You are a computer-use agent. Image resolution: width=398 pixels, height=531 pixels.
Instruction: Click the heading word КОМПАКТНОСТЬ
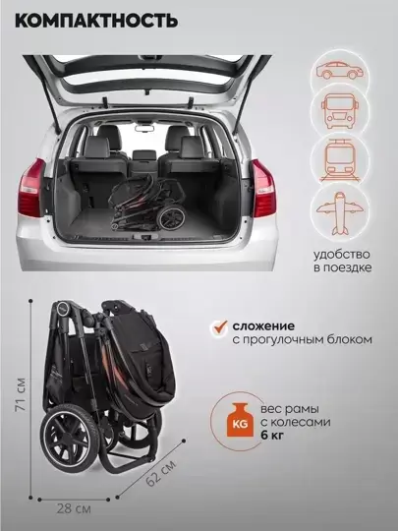(96, 21)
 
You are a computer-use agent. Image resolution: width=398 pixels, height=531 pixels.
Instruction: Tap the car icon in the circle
(339, 70)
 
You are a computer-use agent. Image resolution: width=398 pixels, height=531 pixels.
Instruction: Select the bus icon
(340, 110)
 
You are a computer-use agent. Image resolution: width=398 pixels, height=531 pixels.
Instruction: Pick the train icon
(340, 160)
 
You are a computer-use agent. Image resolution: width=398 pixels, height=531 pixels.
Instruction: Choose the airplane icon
(340, 213)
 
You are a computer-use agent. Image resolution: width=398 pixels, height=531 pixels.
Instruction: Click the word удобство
(341, 255)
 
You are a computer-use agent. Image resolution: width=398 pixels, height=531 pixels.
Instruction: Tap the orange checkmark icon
(220, 327)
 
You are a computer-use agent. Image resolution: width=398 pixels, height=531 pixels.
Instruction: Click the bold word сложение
(263, 326)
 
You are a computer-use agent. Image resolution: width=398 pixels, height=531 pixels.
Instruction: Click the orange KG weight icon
(241, 420)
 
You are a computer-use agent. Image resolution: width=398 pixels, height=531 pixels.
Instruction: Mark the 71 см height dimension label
(21, 394)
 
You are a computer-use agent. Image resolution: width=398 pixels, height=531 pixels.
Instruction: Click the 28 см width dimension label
(74, 508)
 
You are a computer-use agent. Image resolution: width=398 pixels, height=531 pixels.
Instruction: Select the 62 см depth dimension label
(161, 473)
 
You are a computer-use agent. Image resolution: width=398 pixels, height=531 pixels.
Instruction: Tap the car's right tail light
(263, 188)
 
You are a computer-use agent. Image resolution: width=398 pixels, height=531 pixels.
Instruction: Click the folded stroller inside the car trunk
(146, 203)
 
